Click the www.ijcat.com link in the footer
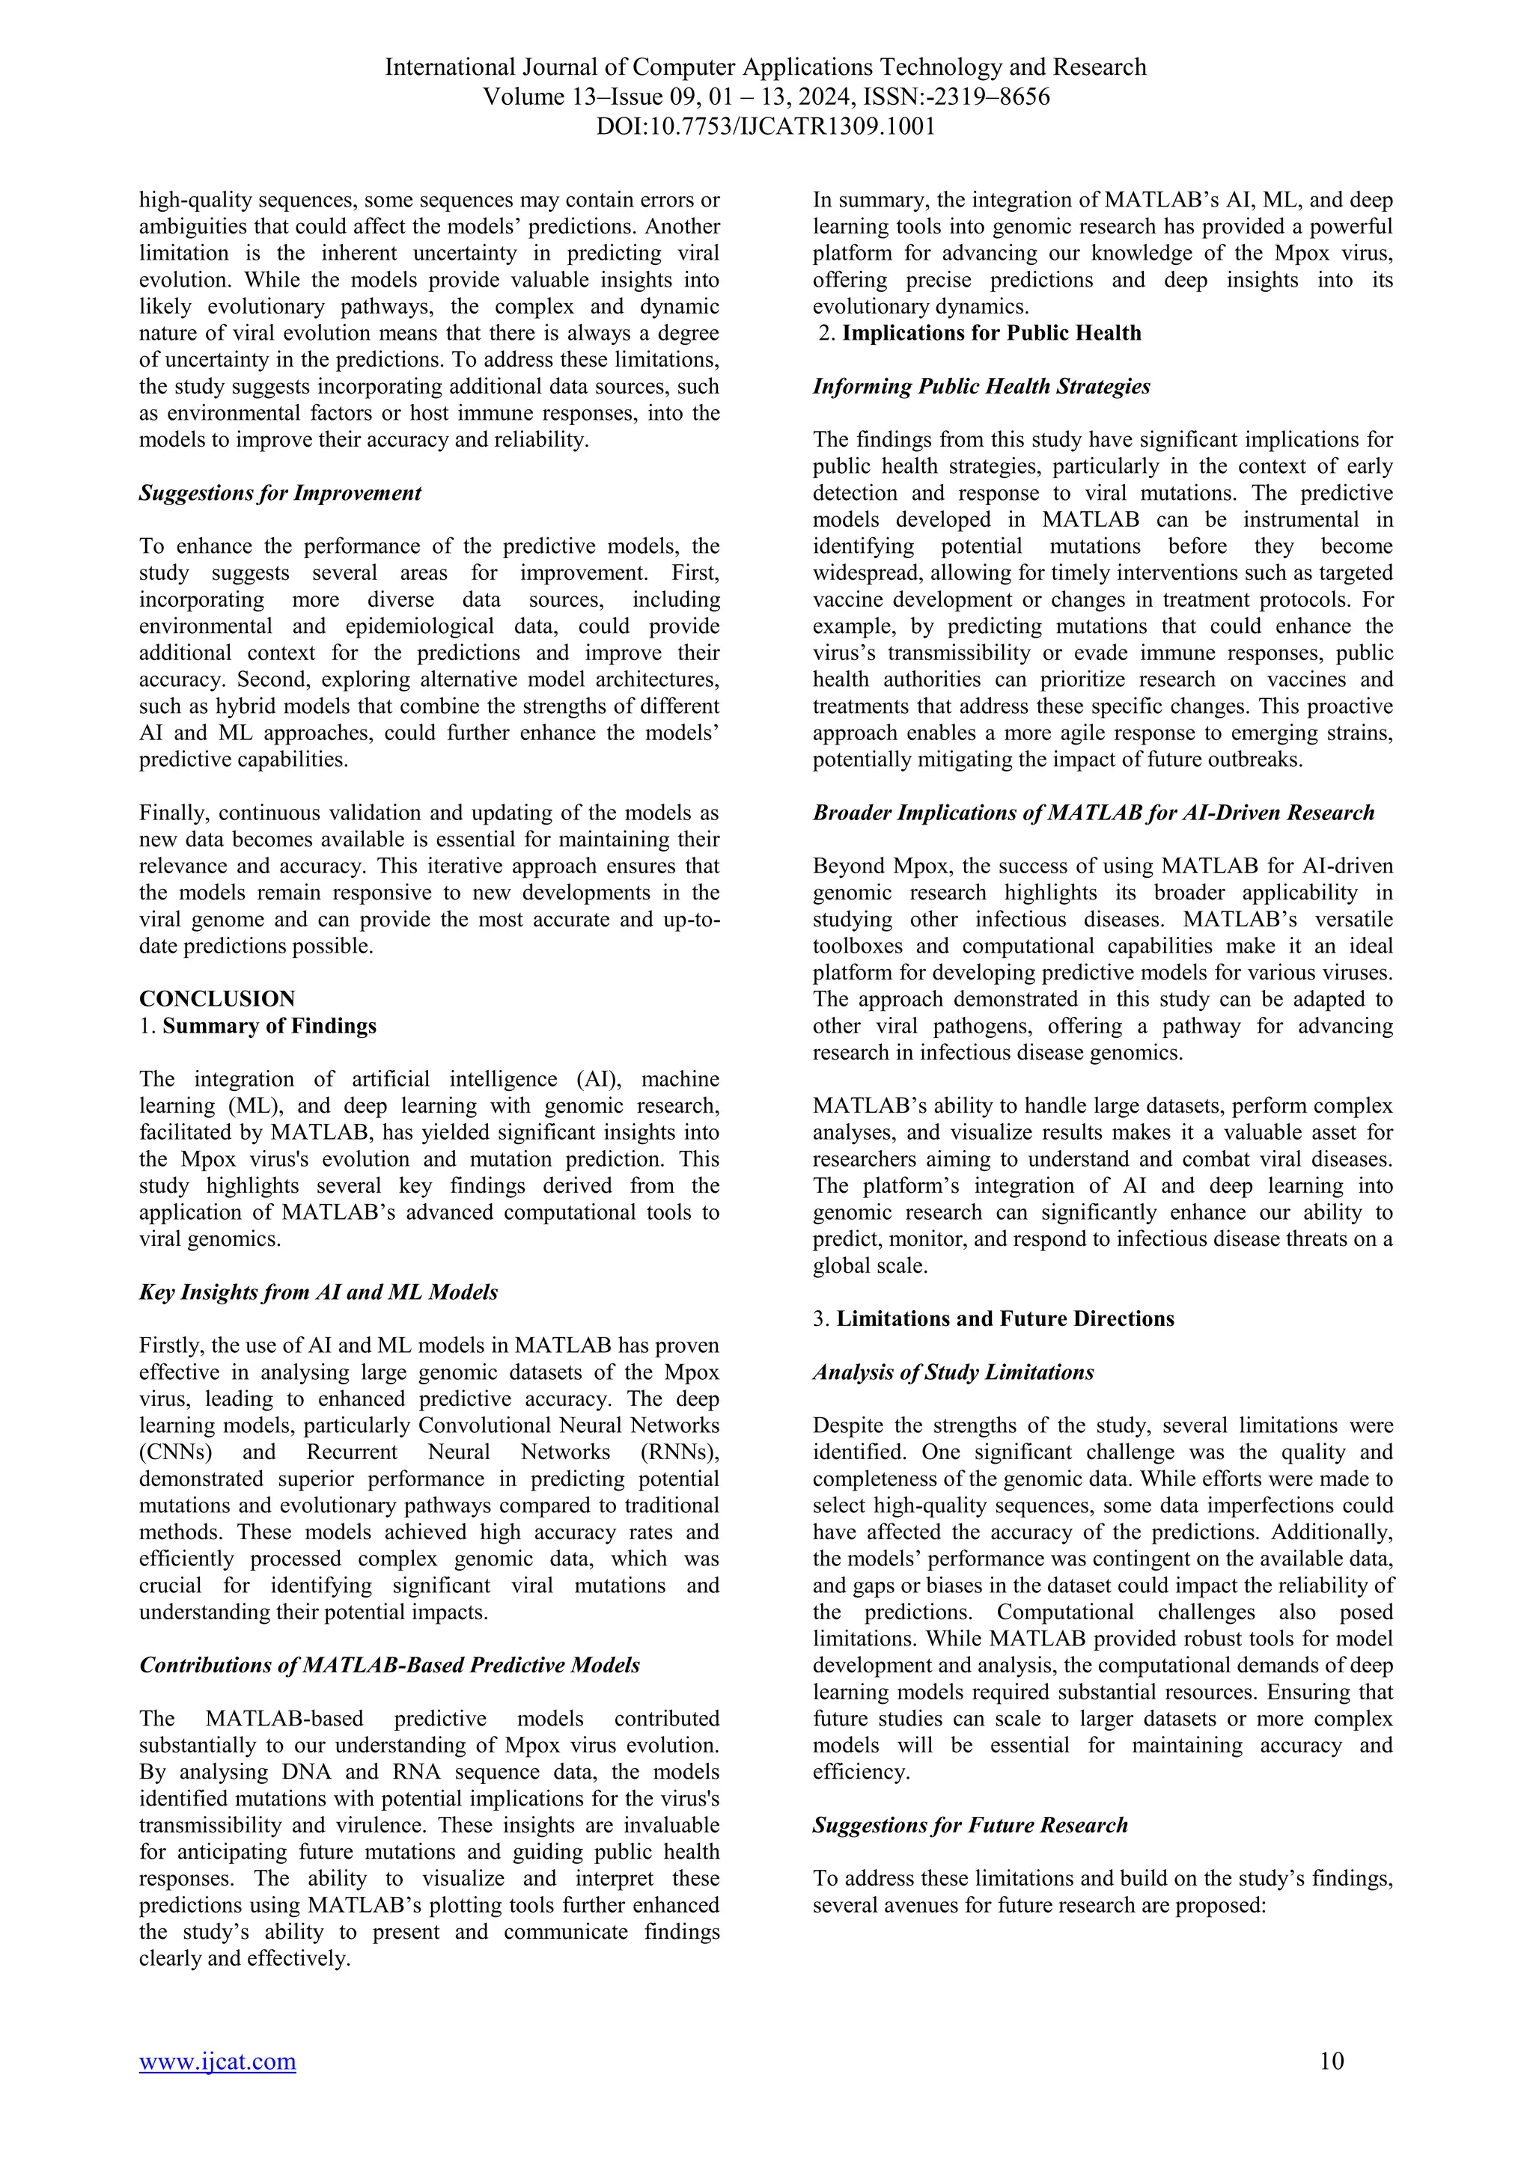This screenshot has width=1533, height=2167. [217, 2061]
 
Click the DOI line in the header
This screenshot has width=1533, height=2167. [766, 126]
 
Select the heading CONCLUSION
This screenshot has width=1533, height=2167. [217, 998]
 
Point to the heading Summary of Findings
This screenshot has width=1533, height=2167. [269, 1026]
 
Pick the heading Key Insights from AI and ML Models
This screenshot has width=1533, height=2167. [318, 1292]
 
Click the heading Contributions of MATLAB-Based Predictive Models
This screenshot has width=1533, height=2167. [389, 1665]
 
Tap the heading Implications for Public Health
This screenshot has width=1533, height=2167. [991, 333]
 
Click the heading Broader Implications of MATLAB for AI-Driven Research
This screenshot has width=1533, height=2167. [1093, 813]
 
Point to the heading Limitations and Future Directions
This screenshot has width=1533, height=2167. [1005, 1318]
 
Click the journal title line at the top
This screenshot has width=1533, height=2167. [766, 68]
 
